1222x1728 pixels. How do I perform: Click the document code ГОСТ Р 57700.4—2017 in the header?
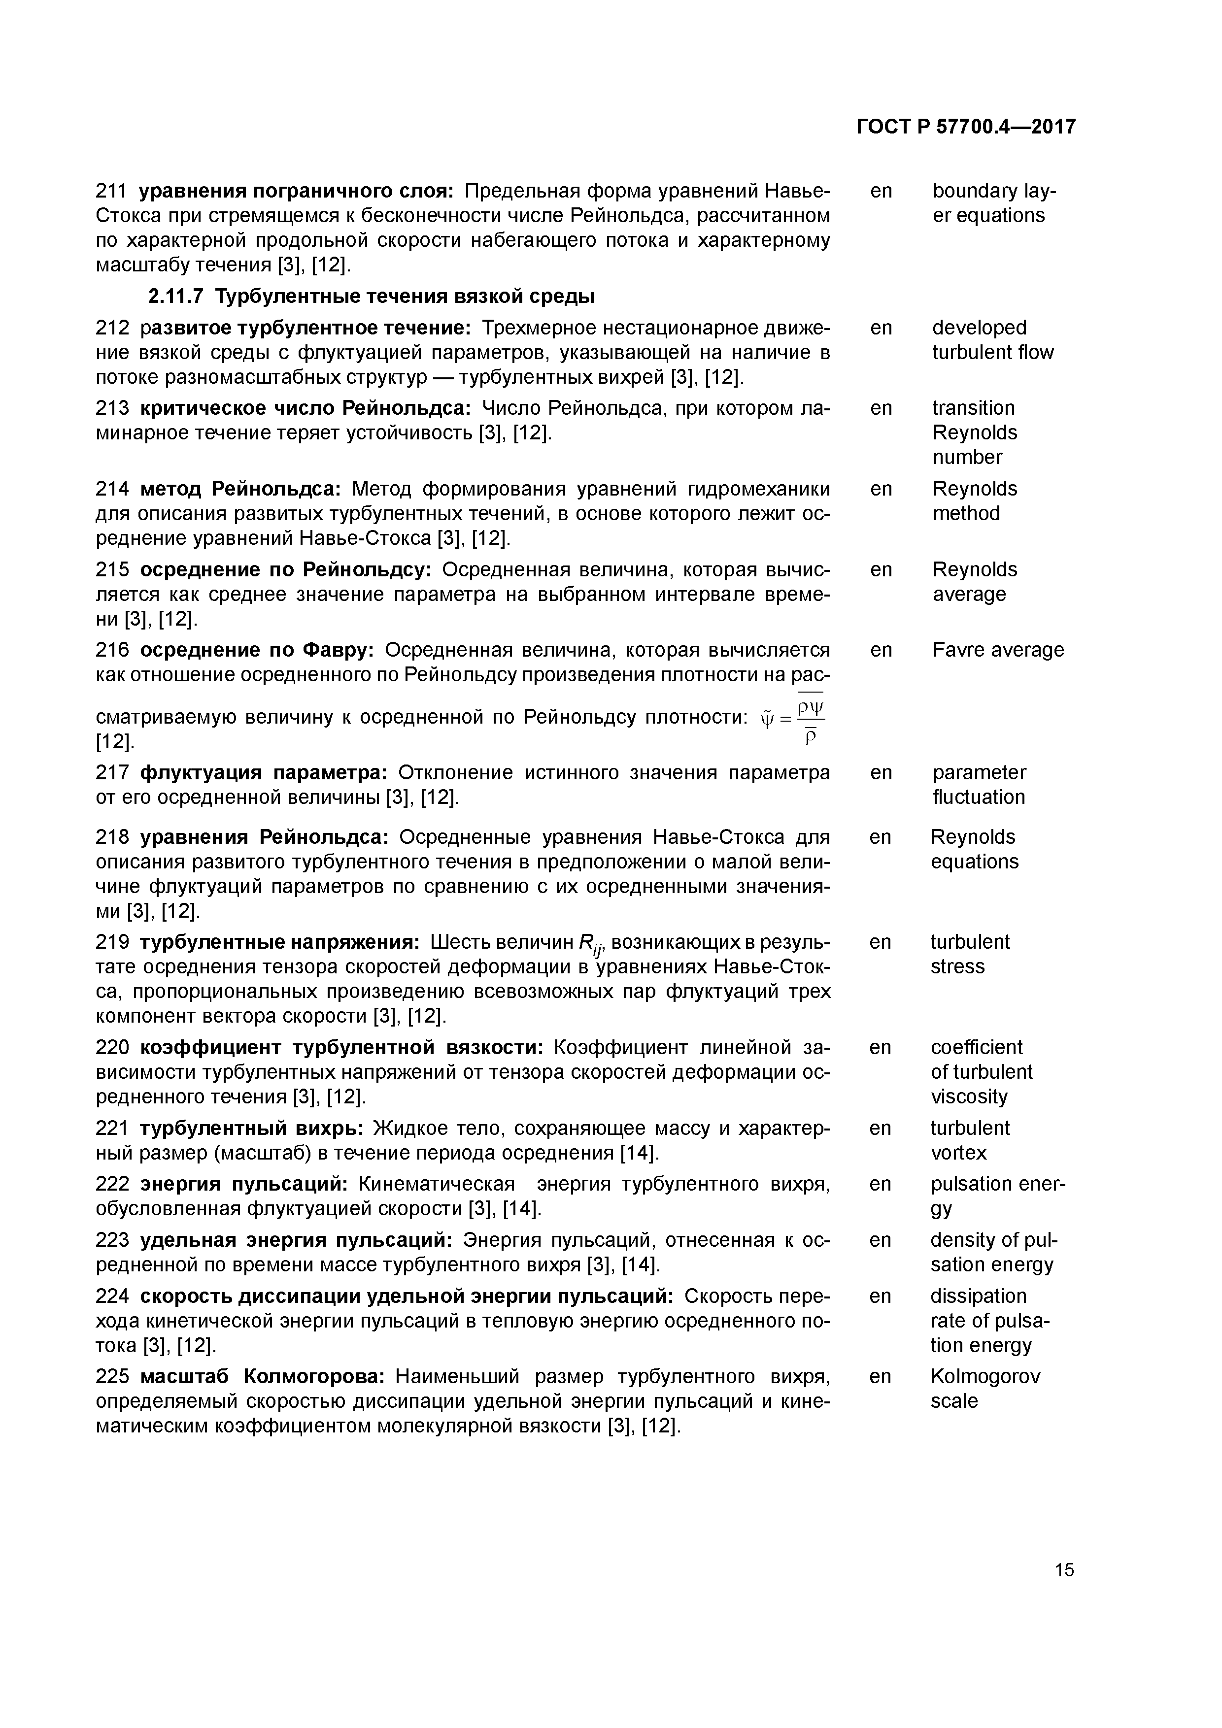point(966,127)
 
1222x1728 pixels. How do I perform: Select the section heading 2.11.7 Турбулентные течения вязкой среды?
point(371,297)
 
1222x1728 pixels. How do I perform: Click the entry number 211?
point(112,191)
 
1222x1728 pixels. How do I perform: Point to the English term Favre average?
point(998,650)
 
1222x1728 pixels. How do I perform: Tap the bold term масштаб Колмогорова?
point(263,1377)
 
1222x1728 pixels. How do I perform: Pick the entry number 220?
point(112,1048)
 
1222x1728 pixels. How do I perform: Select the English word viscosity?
point(968,1097)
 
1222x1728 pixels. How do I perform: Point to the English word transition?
point(973,408)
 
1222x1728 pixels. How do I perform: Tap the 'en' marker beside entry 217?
point(880,773)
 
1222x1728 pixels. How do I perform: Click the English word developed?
point(979,328)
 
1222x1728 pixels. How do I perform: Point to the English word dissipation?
point(978,1296)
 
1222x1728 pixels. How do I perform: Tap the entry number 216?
point(112,650)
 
